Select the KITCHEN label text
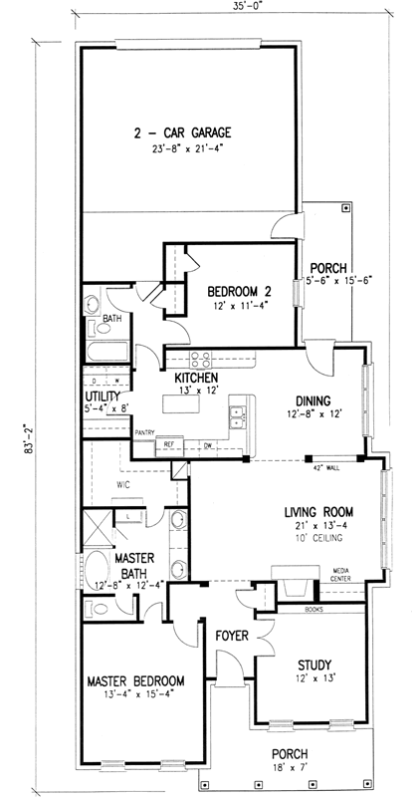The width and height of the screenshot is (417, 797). (x=197, y=380)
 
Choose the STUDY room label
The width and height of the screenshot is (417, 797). (x=313, y=665)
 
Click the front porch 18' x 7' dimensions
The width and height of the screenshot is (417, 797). (x=291, y=768)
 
